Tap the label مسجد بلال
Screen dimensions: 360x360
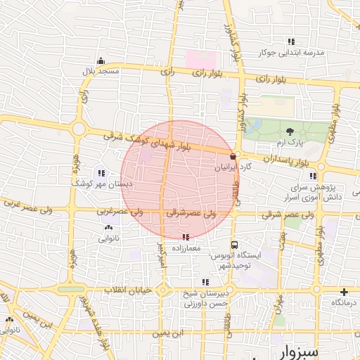(100, 72)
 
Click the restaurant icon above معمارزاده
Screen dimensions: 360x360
(186, 238)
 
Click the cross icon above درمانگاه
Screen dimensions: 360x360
(344, 292)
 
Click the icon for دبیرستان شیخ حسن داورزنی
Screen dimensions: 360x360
(205, 283)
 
